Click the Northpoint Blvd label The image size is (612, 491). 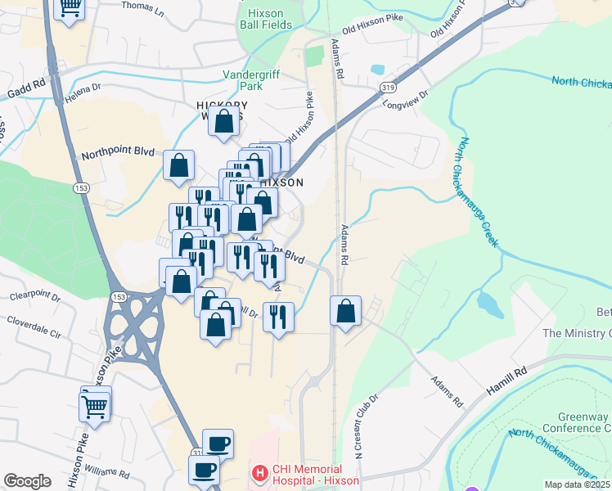pyautogui.click(x=118, y=154)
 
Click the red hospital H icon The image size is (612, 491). pyautogui.click(x=259, y=472)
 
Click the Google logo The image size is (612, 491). pyautogui.click(x=27, y=481)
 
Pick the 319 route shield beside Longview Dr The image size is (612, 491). pyautogui.click(x=387, y=86)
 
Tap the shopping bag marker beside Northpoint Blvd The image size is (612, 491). pyautogui.click(x=178, y=165)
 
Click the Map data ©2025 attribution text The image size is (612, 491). pyautogui.click(x=578, y=484)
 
